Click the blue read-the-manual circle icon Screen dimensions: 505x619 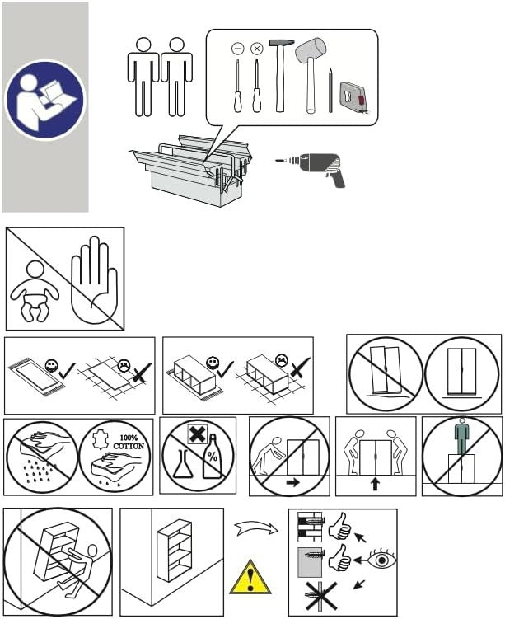point(44,100)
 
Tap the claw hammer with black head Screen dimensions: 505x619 point(281,75)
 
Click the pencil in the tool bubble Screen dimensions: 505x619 point(330,91)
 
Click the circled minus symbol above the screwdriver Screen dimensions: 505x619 point(237,49)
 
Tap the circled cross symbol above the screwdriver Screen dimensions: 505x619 point(257,49)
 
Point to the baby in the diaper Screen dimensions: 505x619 point(35,291)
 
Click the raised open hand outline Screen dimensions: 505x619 point(94,279)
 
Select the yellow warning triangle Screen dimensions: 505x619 point(250,577)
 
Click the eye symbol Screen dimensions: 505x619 point(382,560)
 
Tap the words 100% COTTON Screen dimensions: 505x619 point(129,442)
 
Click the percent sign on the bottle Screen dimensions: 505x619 point(213,457)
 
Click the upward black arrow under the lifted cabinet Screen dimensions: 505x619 point(375,484)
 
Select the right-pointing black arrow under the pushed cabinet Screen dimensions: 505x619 point(292,482)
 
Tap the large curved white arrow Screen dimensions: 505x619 point(256,528)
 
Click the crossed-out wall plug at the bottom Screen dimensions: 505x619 point(320,596)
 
